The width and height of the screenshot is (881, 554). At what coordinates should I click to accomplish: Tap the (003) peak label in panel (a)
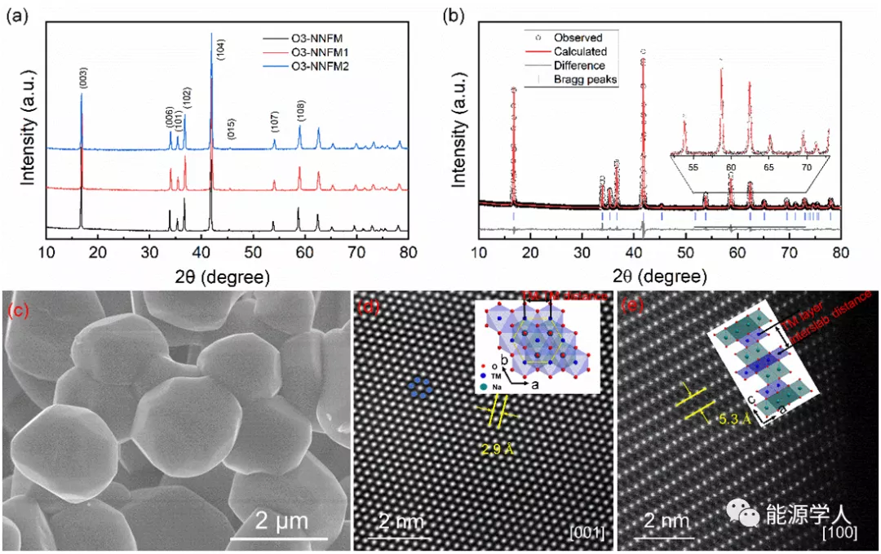coord(82,78)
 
